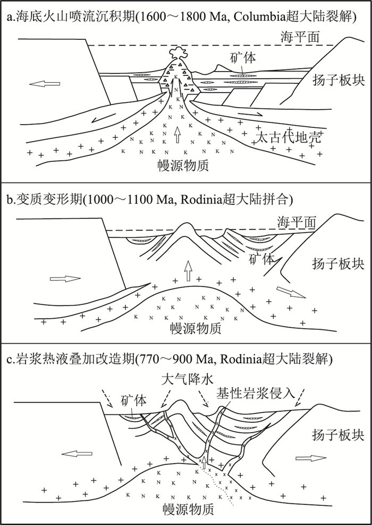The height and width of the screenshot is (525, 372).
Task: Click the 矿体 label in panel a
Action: click(x=243, y=58)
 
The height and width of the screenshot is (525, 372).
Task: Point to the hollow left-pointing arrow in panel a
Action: click(x=45, y=84)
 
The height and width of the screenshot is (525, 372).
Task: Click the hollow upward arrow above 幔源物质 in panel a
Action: click(x=177, y=135)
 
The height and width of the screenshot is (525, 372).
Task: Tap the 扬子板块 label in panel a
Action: click(x=338, y=81)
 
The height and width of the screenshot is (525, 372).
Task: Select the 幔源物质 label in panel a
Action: click(x=183, y=165)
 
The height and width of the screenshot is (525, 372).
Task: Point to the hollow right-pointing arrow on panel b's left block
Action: click(x=65, y=278)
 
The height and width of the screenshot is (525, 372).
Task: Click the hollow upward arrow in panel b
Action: click(x=188, y=271)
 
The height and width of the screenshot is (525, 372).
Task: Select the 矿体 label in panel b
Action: click(x=263, y=259)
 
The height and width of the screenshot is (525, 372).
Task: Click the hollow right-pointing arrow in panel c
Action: click(x=311, y=458)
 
